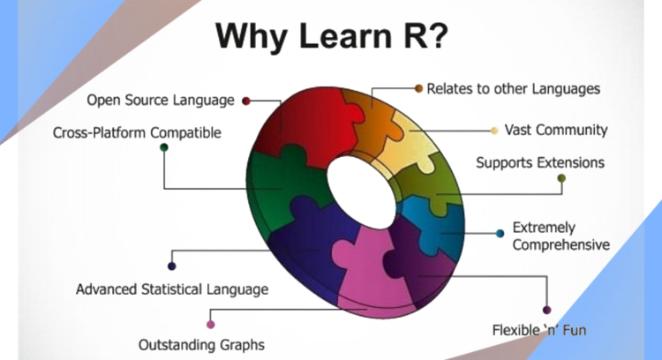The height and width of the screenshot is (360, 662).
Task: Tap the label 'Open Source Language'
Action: [x=160, y=100]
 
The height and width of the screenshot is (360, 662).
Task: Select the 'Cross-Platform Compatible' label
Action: [x=138, y=133]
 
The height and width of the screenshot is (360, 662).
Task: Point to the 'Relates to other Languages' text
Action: [x=513, y=89]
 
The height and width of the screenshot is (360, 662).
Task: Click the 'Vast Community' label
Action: [x=555, y=130]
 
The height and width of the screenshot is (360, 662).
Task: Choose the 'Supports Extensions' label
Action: [x=540, y=162]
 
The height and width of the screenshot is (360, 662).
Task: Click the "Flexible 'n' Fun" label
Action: [x=538, y=331]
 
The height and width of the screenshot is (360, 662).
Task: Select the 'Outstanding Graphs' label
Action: [x=201, y=343]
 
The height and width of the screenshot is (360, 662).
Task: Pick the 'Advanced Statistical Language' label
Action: [x=172, y=289]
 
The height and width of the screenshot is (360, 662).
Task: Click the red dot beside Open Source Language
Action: [x=246, y=101]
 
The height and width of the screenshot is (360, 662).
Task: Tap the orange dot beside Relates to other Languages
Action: [x=418, y=89]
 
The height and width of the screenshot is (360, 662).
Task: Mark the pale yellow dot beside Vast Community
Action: [x=494, y=131]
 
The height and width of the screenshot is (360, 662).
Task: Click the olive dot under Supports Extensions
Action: [x=560, y=178]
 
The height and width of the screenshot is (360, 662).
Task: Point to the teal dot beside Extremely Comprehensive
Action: [x=500, y=234]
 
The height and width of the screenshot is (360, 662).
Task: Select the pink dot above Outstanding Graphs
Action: [x=210, y=324]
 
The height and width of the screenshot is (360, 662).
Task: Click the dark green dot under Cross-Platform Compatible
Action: [x=163, y=147]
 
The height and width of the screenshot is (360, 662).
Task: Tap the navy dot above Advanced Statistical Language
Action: [x=171, y=266]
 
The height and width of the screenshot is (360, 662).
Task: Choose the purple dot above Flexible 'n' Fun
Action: [x=546, y=310]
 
